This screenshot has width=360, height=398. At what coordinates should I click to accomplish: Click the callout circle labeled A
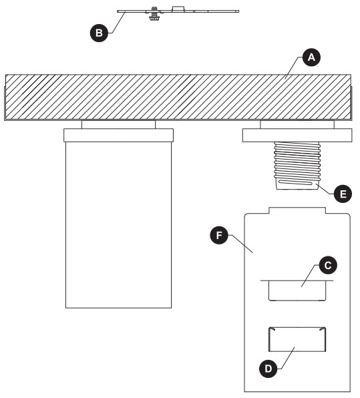coord(309,58)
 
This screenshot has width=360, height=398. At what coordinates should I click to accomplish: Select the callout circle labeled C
coord(327,264)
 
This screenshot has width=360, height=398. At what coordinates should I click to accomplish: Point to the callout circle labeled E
coord(341,194)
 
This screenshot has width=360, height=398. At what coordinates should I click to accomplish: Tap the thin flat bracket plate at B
coord(200,11)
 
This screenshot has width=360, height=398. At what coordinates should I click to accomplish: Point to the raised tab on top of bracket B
coord(178,7)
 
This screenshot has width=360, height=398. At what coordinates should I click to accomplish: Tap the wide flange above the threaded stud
coord(297,136)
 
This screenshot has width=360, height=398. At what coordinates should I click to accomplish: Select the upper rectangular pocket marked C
coord(297,291)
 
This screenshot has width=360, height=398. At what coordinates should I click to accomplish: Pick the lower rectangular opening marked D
coord(297,340)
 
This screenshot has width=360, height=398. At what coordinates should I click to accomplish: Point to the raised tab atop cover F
coord(297,210)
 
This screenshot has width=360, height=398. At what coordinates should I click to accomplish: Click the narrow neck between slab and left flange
coord(118,125)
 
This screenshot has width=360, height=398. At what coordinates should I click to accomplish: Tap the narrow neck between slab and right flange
coord(297,125)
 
